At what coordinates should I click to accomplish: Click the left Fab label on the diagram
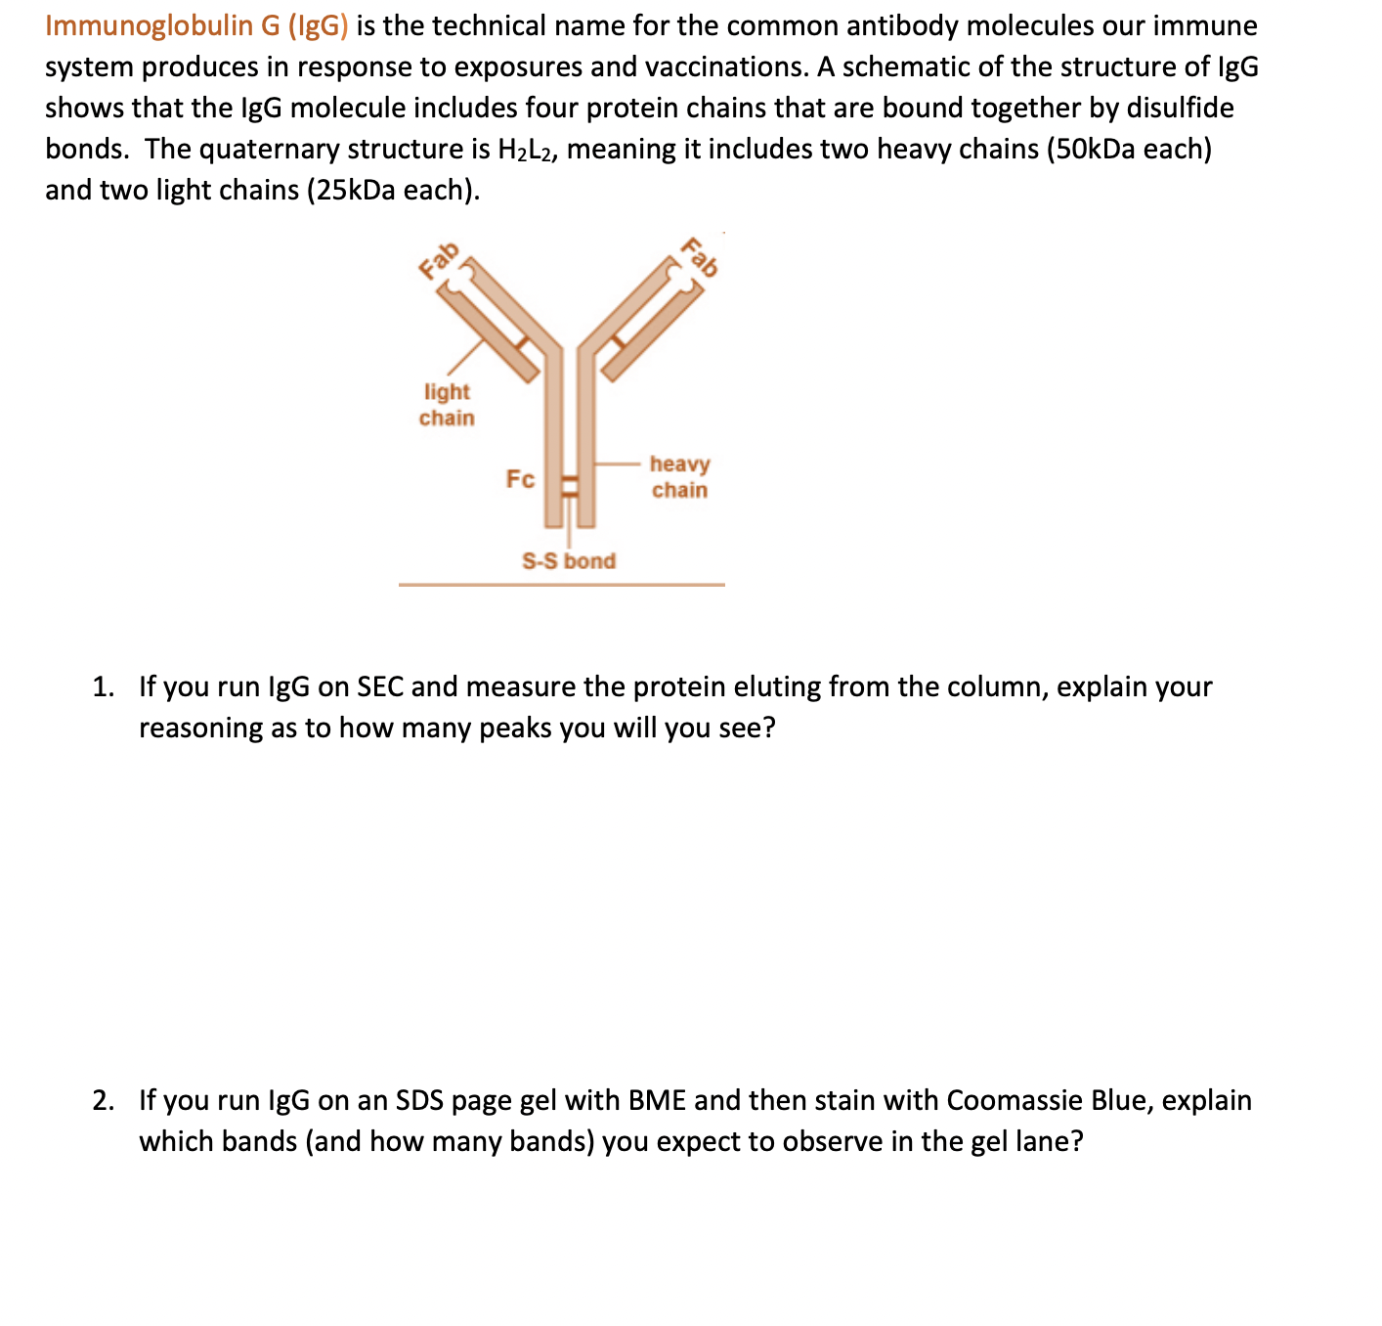pyautogui.click(x=438, y=260)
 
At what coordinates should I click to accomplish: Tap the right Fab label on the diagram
pyautogui.click(x=700, y=257)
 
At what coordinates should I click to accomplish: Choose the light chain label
pyautogui.click(x=447, y=405)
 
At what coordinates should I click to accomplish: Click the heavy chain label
pyautogui.click(x=679, y=476)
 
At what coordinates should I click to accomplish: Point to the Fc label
pyautogui.click(x=520, y=479)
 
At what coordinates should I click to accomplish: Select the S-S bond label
pyautogui.click(x=569, y=560)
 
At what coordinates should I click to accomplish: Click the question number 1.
pyautogui.click(x=102, y=686)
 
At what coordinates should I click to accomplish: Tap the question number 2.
pyautogui.click(x=102, y=1100)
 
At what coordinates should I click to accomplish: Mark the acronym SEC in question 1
pyautogui.click(x=380, y=686)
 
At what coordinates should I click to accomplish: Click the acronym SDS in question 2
pyautogui.click(x=419, y=1100)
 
